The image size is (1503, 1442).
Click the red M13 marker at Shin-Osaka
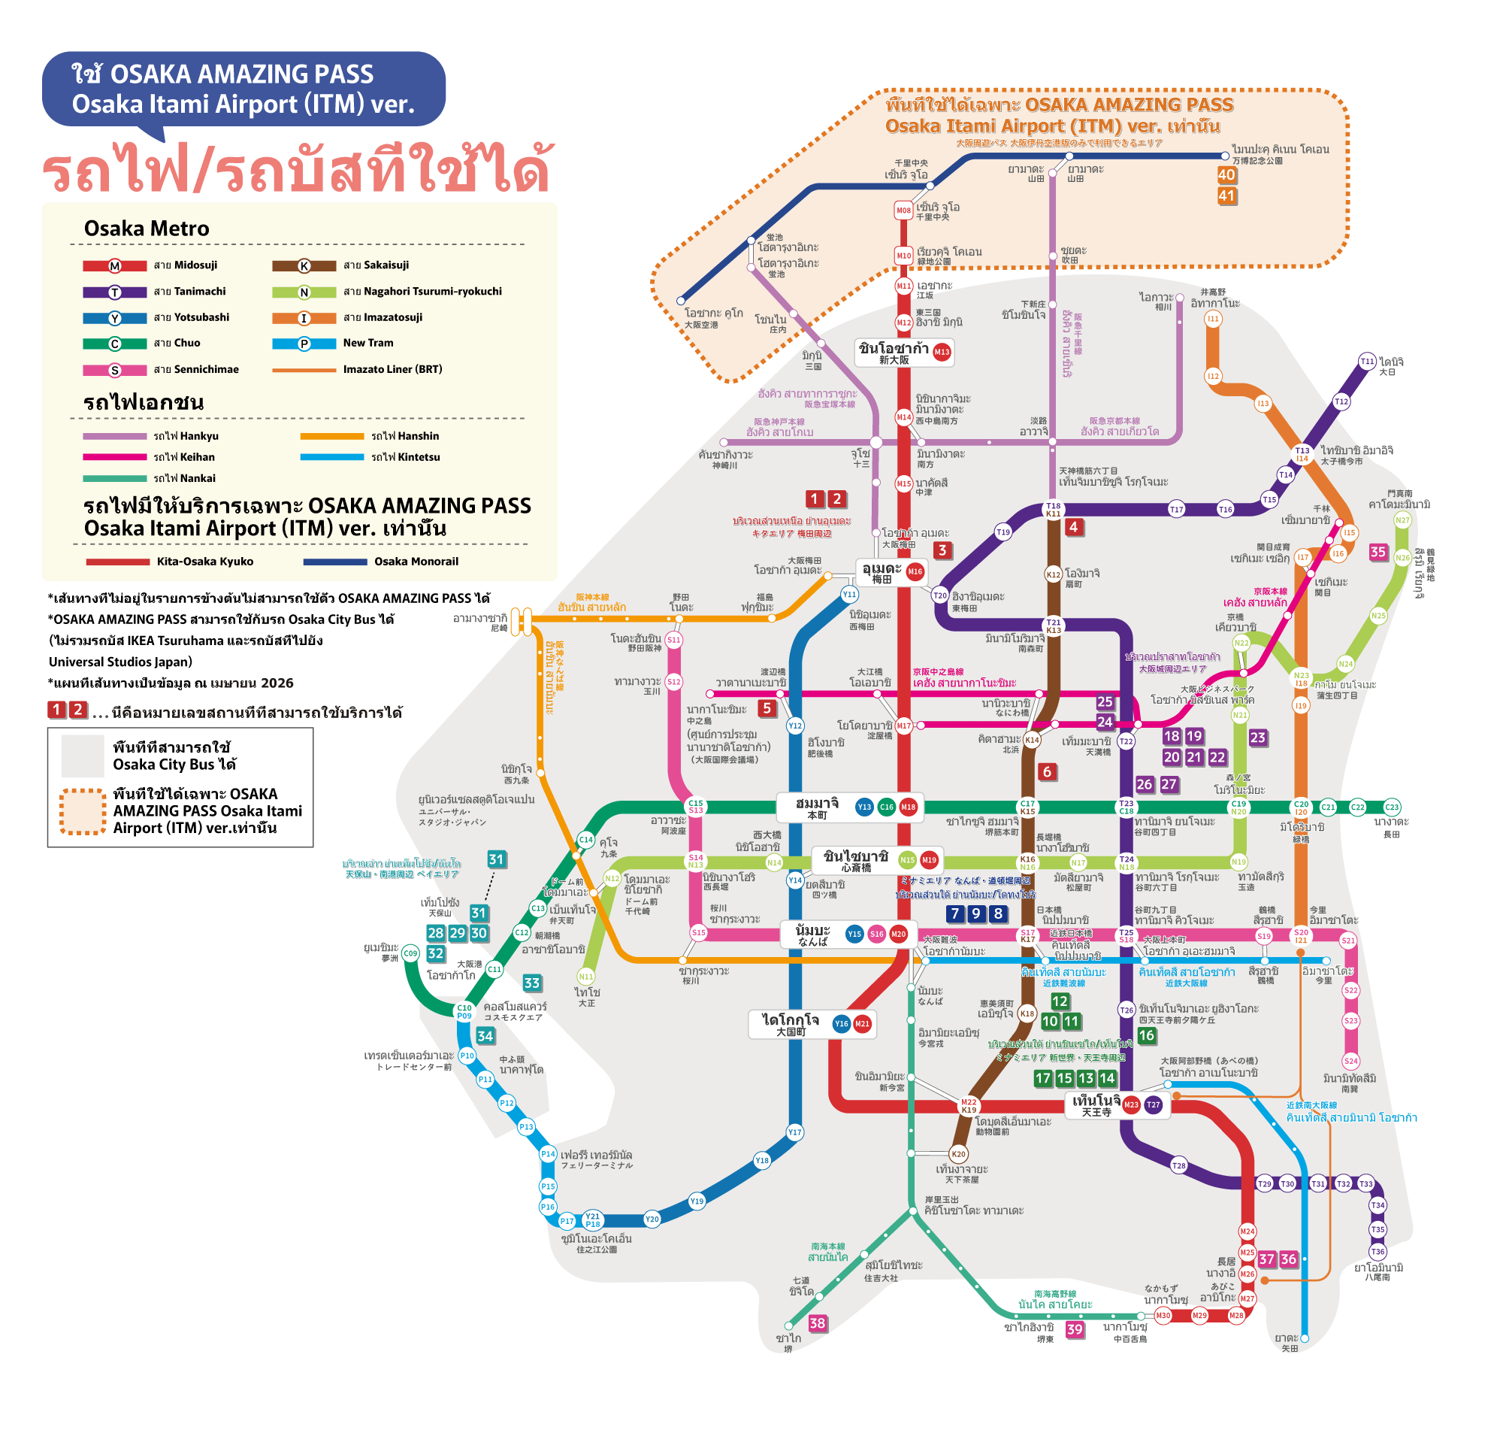pyautogui.click(x=942, y=352)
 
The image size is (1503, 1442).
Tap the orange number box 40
pyautogui.click(x=1226, y=175)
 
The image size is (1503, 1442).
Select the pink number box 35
pyautogui.click(x=1378, y=553)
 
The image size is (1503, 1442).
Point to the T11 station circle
pyautogui.click(x=1367, y=362)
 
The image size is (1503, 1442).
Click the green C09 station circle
pyautogui.click(x=410, y=953)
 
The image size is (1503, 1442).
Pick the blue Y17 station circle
pyautogui.click(x=795, y=1132)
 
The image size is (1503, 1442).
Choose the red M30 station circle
pyautogui.click(x=1163, y=1316)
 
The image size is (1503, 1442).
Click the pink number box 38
pyautogui.click(x=818, y=1323)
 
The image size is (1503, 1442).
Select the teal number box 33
pyautogui.click(x=531, y=983)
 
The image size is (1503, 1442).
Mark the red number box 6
pyautogui.click(x=1047, y=771)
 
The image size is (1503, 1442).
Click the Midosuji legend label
pyautogui.click(x=185, y=265)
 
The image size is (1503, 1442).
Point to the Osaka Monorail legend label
pyautogui.click(x=416, y=562)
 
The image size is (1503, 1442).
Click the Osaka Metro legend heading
pyautogui.click(x=147, y=229)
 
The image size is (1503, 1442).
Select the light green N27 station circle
pyautogui.click(x=1402, y=520)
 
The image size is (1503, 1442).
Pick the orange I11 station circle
pyautogui.click(x=1213, y=318)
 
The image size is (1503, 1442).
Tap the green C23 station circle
pyautogui.click(x=1392, y=807)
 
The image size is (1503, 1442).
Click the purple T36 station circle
pyautogui.click(x=1378, y=1252)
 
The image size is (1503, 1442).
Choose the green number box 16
pyautogui.click(x=1147, y=1035)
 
